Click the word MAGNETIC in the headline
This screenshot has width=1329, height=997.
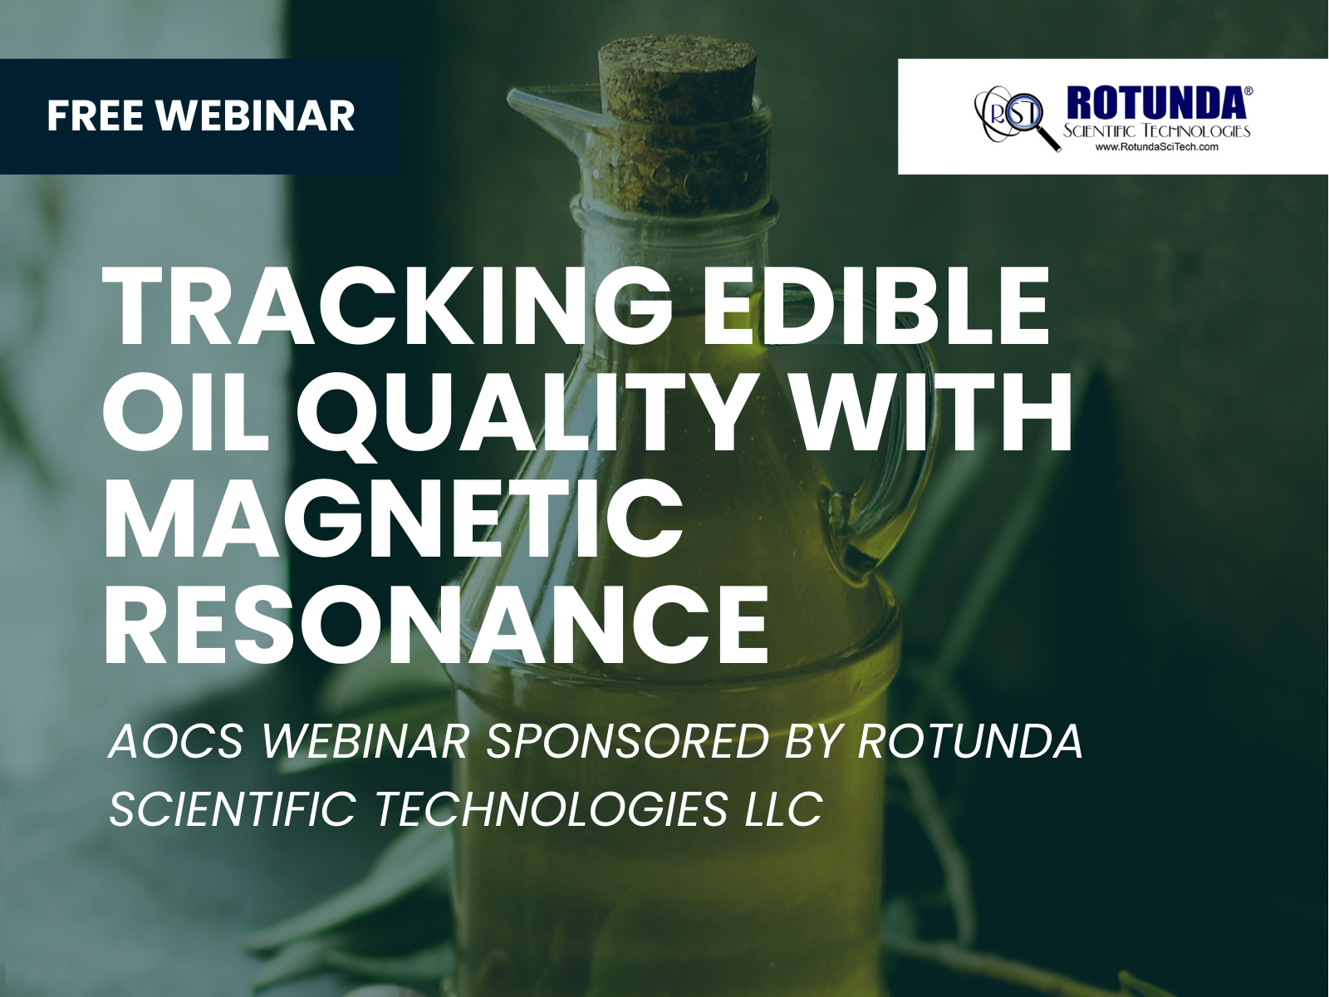395,518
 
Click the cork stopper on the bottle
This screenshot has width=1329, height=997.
678,84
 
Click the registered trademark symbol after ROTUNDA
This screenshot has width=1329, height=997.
1248,91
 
